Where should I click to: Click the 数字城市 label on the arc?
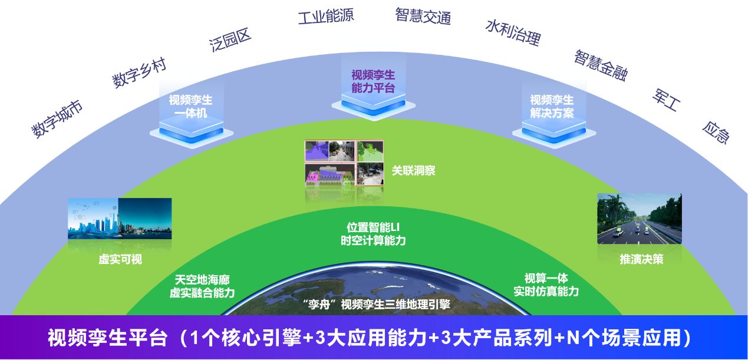click(x=57, y=119)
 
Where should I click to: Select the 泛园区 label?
click(x=230, y=39)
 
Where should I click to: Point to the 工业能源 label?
click(x=325, y=16)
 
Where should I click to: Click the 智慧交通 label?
click(x=423, y=16)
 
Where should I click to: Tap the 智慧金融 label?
click(x=601, y=65)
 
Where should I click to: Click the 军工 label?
click(x=667, y=100)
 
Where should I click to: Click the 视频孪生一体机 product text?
click(x=190, y=107)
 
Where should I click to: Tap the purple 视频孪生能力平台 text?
click(x=373, y=81)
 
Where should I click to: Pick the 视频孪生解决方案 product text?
click(x=551, y=107)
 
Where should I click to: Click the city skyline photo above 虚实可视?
click(x=120, y=218)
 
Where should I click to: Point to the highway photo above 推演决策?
click(x=639, y=218)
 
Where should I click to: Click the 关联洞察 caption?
click(x=414, y=171)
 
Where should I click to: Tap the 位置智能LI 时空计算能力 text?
click(x=373, y=234)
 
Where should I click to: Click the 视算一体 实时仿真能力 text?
click(x=546, y=285)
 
